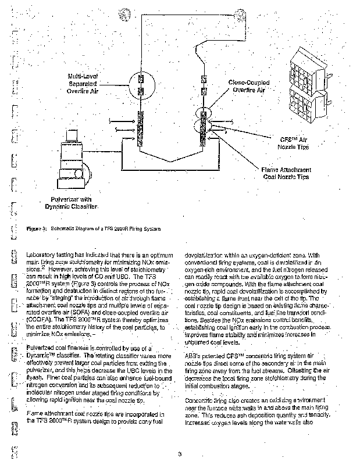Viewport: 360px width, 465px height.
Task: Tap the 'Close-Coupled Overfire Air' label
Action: pos(249,87)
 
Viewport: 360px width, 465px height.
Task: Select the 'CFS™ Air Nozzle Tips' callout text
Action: pos(292,143)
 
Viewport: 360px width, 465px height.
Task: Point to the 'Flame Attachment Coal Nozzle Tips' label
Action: pos(286,173)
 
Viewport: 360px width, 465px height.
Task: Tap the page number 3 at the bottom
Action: pos(180,453)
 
